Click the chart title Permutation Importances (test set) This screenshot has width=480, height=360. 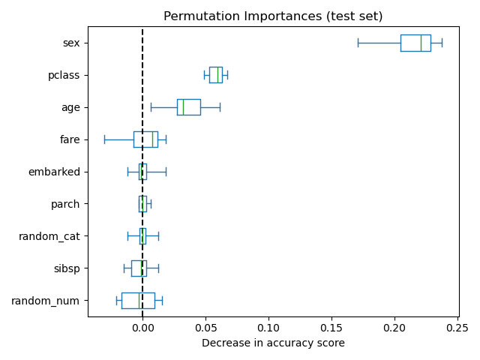pos(273,16)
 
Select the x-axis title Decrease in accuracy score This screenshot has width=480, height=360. pos(273,343)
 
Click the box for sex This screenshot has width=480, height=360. pos(415,43)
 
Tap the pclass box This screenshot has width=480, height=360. pos(215,75)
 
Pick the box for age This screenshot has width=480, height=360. pos(188,107)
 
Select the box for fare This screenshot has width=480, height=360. pos(145,139)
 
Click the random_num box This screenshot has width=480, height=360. pos(138,301)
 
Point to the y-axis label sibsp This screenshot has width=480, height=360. pos(66,268)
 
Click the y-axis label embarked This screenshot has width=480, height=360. pos(54,172)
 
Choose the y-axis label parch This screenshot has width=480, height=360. pos(65,204)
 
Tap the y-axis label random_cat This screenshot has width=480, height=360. pos(49,236)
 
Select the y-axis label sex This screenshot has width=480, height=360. pos(71,43)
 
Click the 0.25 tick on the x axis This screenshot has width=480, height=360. pos(457,328)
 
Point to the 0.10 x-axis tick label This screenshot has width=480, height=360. pos(268,328)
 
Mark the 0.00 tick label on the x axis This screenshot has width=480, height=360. pos(142,328)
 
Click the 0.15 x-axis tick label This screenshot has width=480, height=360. pos(331,328)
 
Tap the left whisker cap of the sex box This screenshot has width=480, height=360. pos(358,43)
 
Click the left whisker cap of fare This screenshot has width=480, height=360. pos(104,139)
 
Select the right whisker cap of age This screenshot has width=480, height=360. pos(220,107)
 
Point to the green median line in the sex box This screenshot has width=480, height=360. pos(421,43)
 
